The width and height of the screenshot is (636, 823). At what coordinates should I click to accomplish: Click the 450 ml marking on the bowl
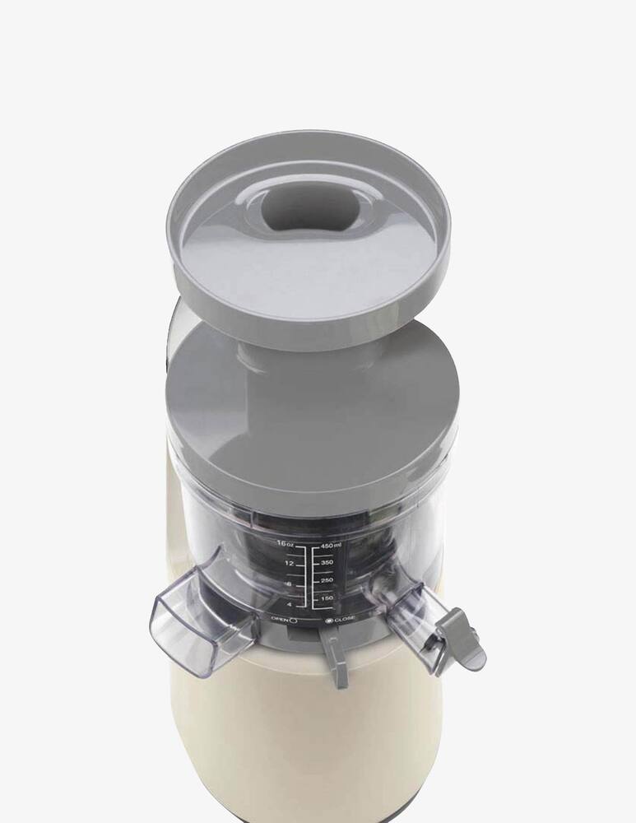click(332, 546)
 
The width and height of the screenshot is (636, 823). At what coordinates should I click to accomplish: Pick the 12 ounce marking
click(288, 564)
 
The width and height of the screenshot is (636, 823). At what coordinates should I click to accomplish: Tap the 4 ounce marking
click(290, 606)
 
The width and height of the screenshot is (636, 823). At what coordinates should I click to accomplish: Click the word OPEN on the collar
click(277, 618)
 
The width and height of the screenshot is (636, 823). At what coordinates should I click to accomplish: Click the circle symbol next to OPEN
click(293, 620)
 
